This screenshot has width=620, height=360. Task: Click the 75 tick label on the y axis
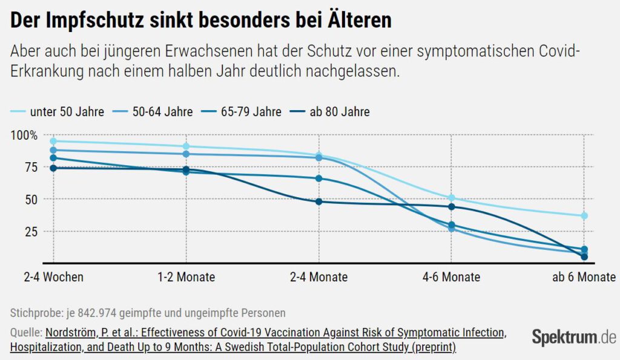[28, 168]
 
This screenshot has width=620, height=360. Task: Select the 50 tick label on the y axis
[28, 200]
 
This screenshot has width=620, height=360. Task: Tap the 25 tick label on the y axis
[28, 232]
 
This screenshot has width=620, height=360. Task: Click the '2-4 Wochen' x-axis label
[53, 277]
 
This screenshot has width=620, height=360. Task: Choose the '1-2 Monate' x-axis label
[185, 277]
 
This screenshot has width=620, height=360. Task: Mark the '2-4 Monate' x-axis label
[318, 277]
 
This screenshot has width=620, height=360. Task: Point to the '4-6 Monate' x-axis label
[451, 277]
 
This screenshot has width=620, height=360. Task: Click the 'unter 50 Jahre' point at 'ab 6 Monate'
[584, 216]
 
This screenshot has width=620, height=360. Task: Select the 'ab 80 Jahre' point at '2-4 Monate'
[318, 201]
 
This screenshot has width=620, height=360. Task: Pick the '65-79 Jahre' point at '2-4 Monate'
[318, 178]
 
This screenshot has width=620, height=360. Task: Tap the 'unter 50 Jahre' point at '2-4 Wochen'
[53, 141]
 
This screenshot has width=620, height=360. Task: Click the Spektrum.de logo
[573, 337]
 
